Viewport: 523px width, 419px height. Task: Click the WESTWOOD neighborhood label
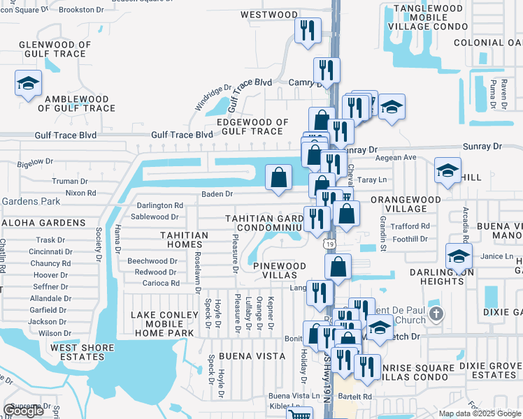[x=269, y=15]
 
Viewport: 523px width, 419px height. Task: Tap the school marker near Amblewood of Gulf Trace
[x=27, y=84]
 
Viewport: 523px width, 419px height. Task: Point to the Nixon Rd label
[x=80, y=192]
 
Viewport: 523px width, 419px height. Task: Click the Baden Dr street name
[x=217, y=193]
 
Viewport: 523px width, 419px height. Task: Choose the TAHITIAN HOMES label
[x=184, y=240]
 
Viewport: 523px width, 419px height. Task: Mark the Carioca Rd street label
[x=161, y=283]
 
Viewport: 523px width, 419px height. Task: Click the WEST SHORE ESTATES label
[x=73, y=351]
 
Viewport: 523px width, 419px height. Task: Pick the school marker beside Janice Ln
[x=459, y=256]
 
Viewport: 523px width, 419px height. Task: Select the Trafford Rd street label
[x=411, y=226]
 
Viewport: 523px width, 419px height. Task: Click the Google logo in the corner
[x=24, y=411]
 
